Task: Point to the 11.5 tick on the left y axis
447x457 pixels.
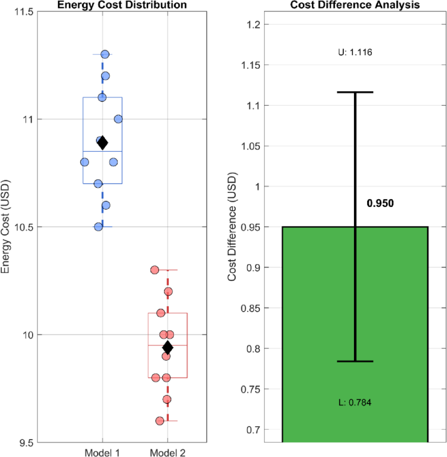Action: click(25, 11)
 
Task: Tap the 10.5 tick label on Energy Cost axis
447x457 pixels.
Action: click(25, 227)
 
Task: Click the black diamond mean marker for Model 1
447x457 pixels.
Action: click(102, 143)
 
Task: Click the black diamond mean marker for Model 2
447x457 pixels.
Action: click(168, 348)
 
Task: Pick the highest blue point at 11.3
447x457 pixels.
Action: click(105, 54)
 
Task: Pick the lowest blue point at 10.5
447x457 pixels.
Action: click(99, 227)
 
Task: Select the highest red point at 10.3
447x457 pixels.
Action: click(154, 270)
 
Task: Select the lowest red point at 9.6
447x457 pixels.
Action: click(160, 421)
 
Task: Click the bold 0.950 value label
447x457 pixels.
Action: click(380, 203)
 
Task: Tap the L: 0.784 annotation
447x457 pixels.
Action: click(354, 402)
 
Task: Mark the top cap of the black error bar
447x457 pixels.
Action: click(354, 92)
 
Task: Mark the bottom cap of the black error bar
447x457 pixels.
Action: click(354, 361)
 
